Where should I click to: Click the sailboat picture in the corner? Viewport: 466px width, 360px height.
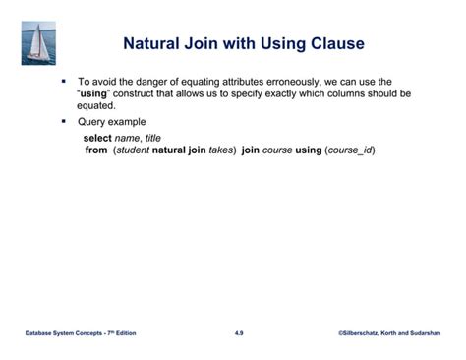pyautogui.click(x=39, y=44)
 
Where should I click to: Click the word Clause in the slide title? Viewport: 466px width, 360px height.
pyautogui.click(x=332, y=44)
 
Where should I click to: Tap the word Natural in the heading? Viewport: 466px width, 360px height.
pyautogui.click(x=159, y=44)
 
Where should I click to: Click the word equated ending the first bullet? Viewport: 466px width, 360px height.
pyautogui.click(x=95, y=105)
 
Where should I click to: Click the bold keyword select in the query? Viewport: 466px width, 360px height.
pyautogui.click(x=98, y=139)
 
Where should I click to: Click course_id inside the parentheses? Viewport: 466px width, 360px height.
pyautogui.click(x=350, y=150)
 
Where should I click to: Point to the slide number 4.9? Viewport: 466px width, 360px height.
pyautogui.click(x=239, y=334)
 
